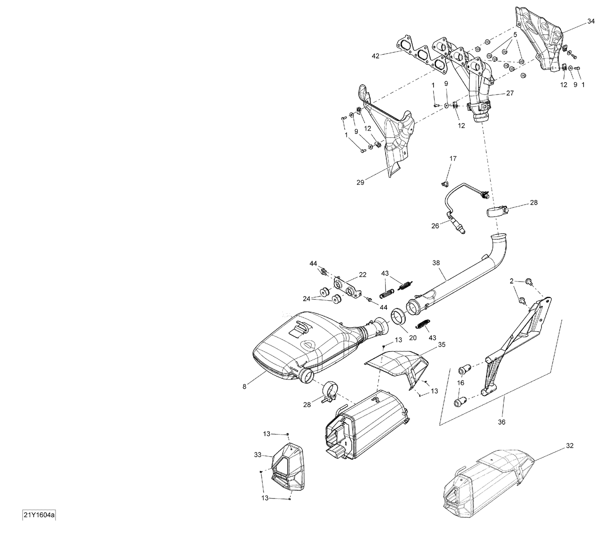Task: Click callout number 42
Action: (x=375, y=56)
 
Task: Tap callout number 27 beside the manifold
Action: (x=510, y=93)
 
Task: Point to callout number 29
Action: (x=360, y=182)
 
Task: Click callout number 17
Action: (x=453, y=158)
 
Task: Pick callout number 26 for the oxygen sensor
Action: (x=435, y=226)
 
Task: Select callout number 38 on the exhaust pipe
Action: (x=436, y=263)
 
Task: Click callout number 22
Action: (x=363, y=274)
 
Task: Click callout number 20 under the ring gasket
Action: (x=413, y=338)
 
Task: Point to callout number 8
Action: (x=244, y=386)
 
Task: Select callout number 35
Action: (x=441, y=345)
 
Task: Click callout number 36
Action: (x=502, y=422)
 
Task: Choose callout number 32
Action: (x=569, y=446)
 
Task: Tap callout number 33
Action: (x=258, y=455)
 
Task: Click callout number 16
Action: (x=461, y=382)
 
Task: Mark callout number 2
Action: (x=512, y=281)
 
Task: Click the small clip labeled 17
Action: (x=445, y=183)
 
